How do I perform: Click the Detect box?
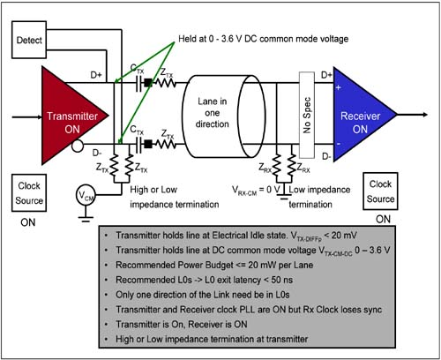tap(29, 40)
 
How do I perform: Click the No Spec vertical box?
tap(307, 115)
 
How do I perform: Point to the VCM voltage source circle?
tap(86, 195)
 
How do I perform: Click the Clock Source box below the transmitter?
tap(29, 193)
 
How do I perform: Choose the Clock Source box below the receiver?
tap(380, 191)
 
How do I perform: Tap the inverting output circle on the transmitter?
tap(78, 146)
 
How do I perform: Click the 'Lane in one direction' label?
tap(213, 113)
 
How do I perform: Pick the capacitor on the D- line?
tap(138, 144)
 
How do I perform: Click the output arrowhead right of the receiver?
tap(425, 115)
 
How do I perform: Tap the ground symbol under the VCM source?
tap(86, 219)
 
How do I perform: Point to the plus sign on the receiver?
tap(339, 87)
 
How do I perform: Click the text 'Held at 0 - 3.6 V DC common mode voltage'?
tap(264, 39)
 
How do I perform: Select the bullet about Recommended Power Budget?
tap(214, 265)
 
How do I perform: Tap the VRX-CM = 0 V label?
tap(256, 191)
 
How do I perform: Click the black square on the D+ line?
tap(148, 83)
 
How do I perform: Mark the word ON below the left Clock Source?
tap(28, 222)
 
